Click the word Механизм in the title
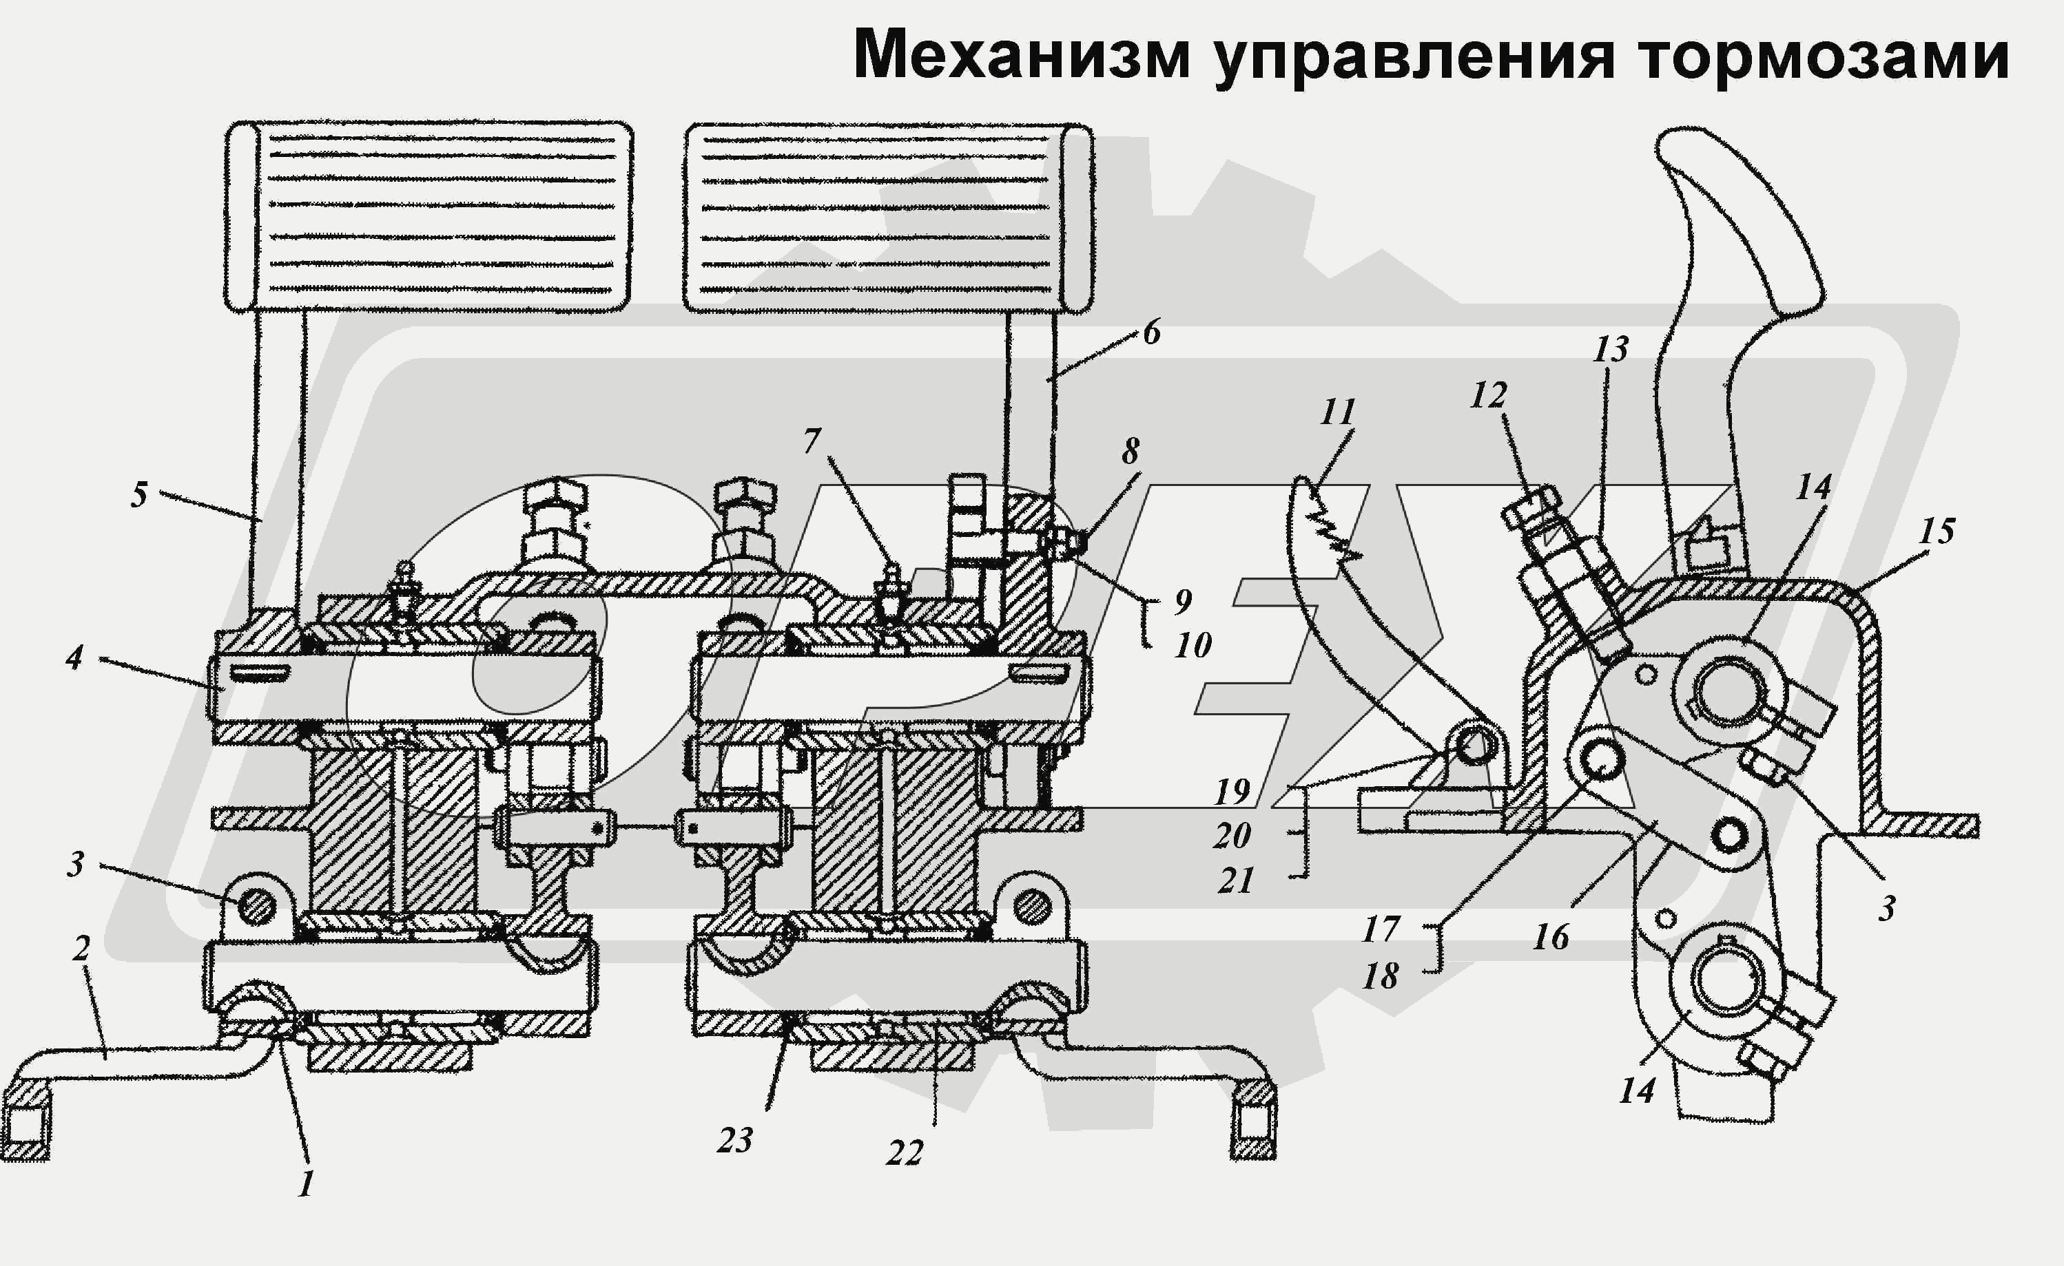1021,55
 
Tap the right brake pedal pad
888,218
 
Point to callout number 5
139,495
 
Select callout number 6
1152,333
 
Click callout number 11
1338,412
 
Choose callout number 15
1936,530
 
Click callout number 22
905,1153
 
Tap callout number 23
734,1139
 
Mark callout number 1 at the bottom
306,1184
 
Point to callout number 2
81,949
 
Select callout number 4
74,657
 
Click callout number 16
1551,937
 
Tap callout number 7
812,441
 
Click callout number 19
1232,790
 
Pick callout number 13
1611,349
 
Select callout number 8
1130,452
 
